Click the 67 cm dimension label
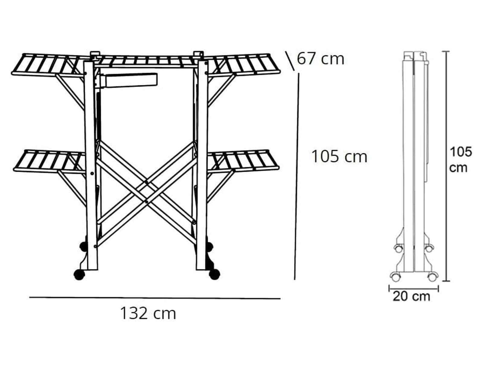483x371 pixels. (320, 59)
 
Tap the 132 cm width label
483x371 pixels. (148, 313)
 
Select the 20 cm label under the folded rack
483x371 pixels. (411, 296)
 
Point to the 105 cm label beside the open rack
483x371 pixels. (339, 156)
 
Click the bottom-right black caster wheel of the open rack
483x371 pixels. (215, 274)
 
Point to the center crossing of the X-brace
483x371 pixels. (146, 192)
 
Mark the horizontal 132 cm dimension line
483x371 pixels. (155, 298)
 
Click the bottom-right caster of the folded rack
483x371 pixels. (433, 277)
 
